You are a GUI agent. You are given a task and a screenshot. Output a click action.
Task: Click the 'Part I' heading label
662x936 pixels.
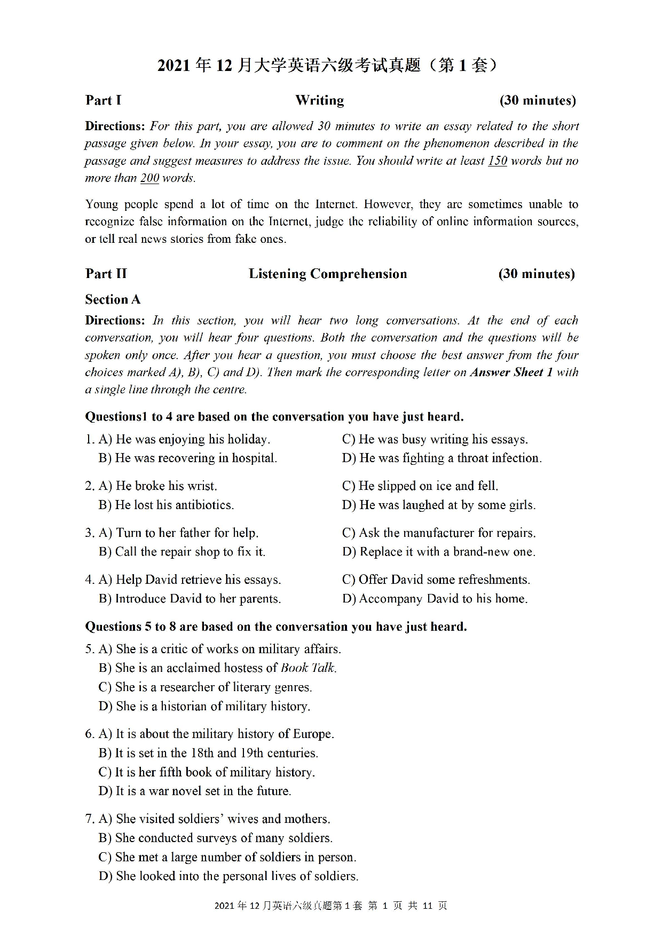103,100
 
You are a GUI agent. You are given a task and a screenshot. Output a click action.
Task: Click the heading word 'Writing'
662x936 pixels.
319,100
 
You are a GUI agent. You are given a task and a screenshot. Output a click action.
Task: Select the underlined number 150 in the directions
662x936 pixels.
497,161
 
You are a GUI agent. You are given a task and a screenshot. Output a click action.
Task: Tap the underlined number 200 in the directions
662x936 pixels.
149,178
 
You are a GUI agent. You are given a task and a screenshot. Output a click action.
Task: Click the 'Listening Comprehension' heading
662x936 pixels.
327,274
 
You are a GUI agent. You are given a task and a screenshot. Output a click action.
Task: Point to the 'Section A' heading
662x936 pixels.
113,299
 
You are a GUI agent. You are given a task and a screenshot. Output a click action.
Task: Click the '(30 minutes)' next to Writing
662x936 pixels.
537,100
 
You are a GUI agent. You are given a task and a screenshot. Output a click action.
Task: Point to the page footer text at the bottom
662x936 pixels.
330,906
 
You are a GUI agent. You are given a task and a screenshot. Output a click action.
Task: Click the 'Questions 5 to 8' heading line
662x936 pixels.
275,626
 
